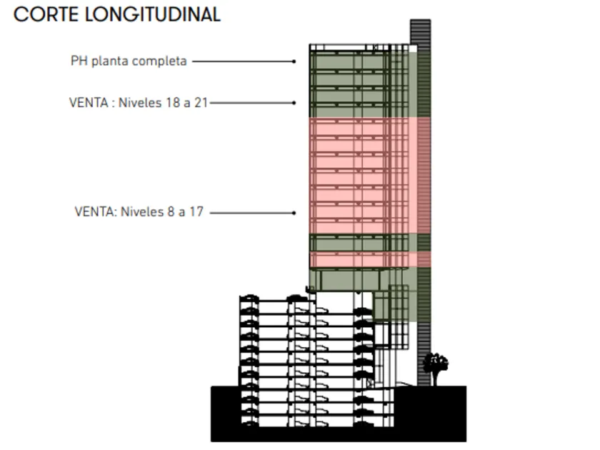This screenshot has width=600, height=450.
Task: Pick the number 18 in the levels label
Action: tap(172, 102)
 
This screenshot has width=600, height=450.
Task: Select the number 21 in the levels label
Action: tap(201, 102)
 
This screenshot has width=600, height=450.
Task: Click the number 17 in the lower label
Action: tap(196, 212)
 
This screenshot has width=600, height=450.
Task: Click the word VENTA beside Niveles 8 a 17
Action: tap(95, 212)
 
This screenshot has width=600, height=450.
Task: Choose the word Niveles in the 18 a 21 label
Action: tap(139, 102)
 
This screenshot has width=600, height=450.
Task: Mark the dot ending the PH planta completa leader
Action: tap(294, 61)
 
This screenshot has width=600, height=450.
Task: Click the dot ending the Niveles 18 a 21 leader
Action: tap(294, 103)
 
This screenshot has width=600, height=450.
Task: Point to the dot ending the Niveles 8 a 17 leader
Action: tap(294, 213)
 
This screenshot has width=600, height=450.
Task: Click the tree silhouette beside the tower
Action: tap(435, 365)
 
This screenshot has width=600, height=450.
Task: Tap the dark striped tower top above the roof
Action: tap(420, 32)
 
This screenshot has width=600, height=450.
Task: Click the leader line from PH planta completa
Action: tap(243, 61)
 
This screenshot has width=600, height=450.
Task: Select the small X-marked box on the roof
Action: tap(376, 47)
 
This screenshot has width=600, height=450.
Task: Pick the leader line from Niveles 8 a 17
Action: tap(251, 213)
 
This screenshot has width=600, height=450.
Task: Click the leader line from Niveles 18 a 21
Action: tap(251, 103)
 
